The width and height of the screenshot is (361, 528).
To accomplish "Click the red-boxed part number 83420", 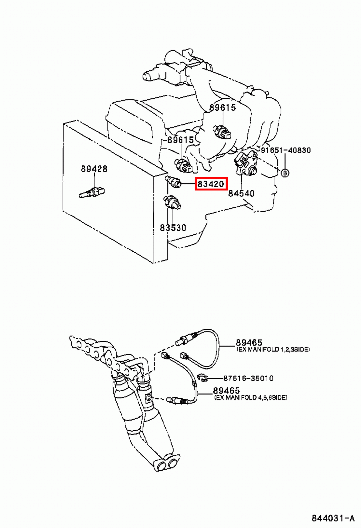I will click(211, 183).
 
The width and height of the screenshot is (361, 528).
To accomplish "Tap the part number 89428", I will click(94, 169).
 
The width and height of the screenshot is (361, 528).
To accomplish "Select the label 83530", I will click(173, 227).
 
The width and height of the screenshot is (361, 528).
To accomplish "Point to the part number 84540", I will click(242, 193).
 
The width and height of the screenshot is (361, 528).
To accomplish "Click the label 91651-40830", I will click(286, 150).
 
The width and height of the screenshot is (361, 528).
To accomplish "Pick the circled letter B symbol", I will click(285, 173).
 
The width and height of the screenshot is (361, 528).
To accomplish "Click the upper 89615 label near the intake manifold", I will click(223, 107).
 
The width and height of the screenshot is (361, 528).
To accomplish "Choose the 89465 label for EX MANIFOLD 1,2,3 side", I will click(249, 342).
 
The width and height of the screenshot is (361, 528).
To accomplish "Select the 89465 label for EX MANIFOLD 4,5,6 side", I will click(226, 390).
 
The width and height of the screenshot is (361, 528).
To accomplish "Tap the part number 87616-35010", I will click(248, 378).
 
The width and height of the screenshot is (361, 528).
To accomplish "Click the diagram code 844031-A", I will click(333, 518).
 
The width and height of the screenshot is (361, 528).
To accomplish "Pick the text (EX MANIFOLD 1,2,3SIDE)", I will click(273, 349).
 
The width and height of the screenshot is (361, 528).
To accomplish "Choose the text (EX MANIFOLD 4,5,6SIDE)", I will click(251, 398).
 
